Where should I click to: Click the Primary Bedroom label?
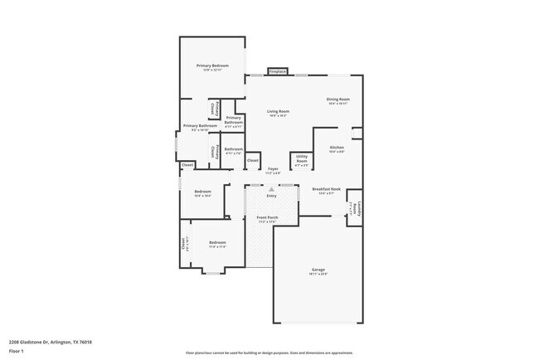[212, 66]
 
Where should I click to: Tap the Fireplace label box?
[277, 72]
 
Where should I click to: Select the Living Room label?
[278, 112]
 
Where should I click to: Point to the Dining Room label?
[337, 100]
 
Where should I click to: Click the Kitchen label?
[337, 148]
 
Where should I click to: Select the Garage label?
[318, 270]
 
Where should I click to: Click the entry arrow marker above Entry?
[271, 189]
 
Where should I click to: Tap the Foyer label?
[273, 170]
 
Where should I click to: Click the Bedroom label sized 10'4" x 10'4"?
[202, 193]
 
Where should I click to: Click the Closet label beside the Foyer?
[253, 160]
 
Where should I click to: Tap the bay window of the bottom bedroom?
[213, 272]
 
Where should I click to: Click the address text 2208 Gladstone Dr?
[50, 342]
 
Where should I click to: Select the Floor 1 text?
[17, 351]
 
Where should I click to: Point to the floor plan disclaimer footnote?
[269, 353]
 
